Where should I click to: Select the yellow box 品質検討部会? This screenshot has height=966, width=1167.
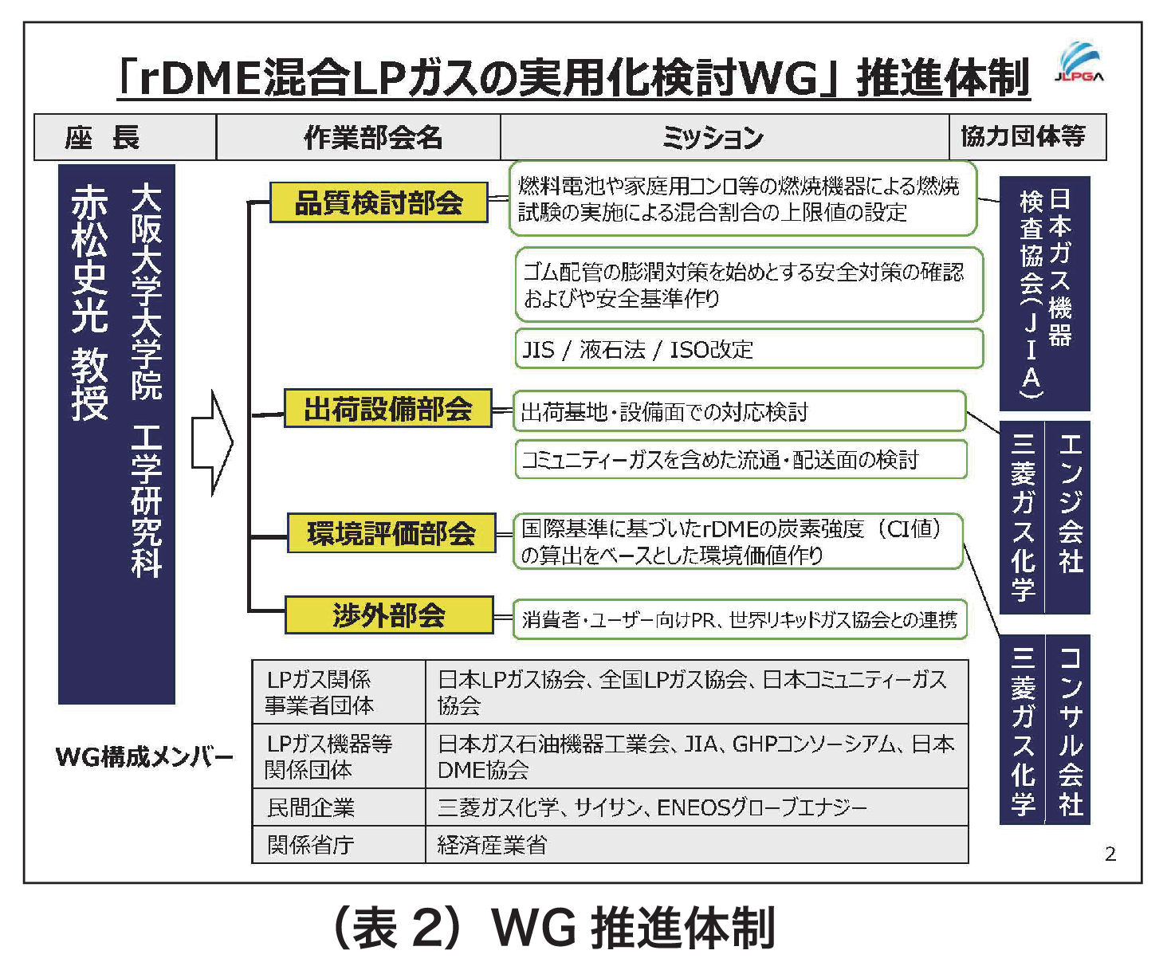click(379, 202)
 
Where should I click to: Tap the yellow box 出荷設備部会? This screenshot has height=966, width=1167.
click(388, 409)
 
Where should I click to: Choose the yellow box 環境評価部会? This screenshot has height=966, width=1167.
click(391, 533)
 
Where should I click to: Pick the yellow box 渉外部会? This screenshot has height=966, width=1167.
click(389, 615)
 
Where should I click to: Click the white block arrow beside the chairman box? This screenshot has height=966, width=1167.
click(212, 442)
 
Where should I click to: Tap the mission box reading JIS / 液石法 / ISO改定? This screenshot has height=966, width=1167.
click(749, 349)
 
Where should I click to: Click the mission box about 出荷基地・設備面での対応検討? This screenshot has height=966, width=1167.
click(739, 411)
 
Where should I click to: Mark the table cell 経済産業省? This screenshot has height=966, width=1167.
click(697, 845)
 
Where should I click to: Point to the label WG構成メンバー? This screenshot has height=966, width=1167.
click(144, 756)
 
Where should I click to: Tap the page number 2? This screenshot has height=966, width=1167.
click(1110, 854)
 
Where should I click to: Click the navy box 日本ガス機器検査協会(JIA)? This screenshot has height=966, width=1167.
click(1044, 293)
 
